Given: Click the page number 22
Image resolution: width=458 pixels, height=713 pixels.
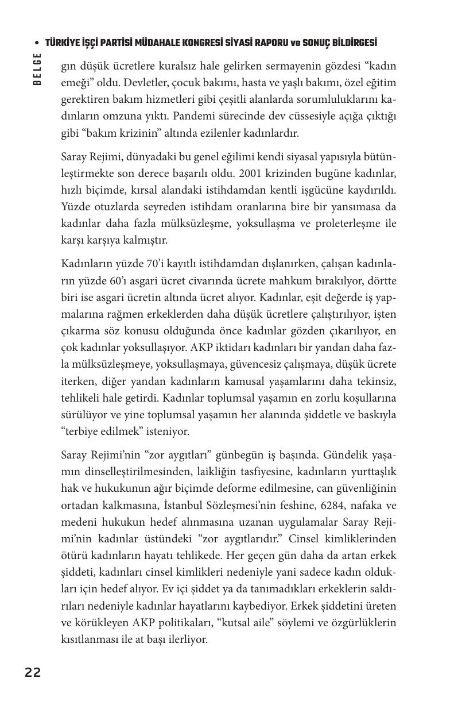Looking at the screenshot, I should tap(33, 673).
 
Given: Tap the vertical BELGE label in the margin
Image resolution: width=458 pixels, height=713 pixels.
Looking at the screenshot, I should tap(37, 69).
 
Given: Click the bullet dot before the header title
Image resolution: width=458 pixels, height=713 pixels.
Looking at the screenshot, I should tap(37, 44).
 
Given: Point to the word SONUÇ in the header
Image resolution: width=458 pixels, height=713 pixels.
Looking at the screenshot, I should tap(313, 44).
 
